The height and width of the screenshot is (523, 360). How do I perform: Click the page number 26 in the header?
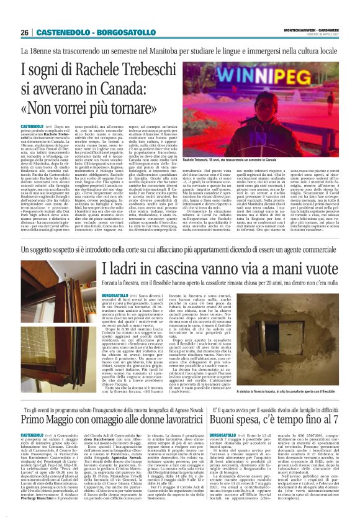point(24,32)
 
